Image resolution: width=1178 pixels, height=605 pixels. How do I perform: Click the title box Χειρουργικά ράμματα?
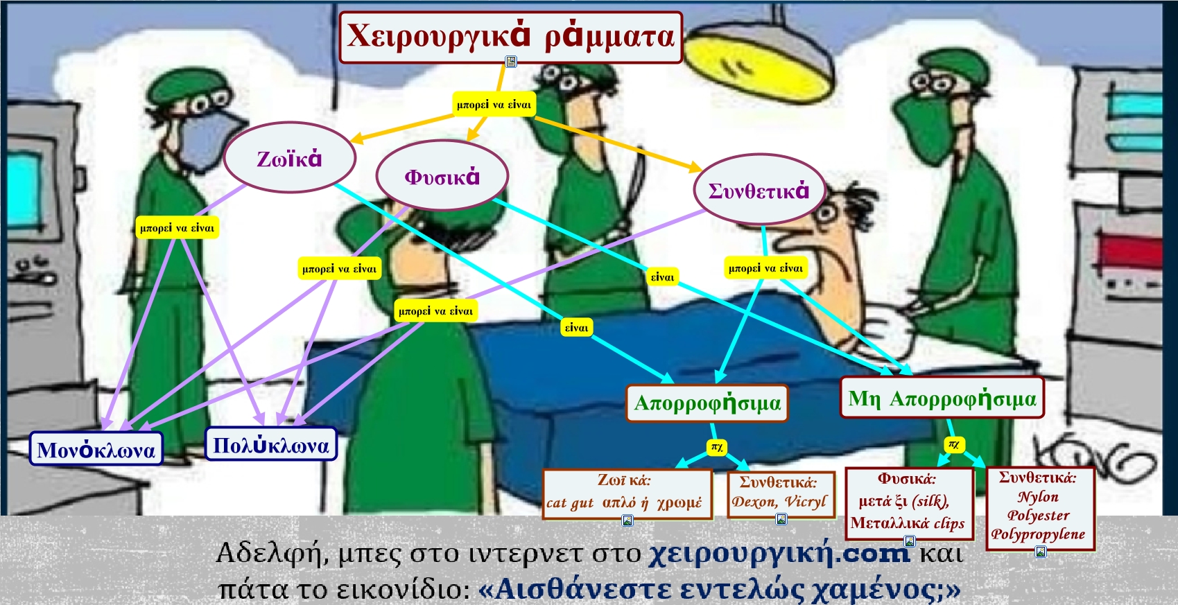510,37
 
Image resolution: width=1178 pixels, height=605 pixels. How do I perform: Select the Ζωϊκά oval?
290,158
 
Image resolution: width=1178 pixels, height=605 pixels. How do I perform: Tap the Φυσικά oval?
442,176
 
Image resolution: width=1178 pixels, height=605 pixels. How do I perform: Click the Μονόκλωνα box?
96,449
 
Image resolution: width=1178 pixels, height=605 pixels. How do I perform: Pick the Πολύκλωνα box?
271,444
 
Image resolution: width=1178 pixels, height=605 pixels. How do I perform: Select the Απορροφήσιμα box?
707,403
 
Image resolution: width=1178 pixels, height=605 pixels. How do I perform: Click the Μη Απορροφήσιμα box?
942,398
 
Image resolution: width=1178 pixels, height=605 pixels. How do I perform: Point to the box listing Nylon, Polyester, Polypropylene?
1040,508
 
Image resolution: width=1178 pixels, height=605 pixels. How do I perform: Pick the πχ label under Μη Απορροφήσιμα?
954,445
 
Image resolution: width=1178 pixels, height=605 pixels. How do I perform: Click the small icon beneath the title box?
511,62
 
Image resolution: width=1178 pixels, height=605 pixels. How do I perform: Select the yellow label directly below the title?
494,104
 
